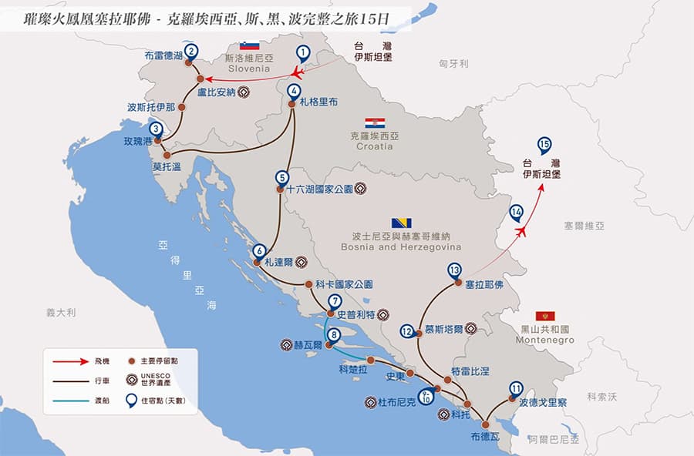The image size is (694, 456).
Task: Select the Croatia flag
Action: (375, 123)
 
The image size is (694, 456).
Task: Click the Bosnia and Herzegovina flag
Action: (401, 223)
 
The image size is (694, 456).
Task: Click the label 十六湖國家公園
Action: (318, 188)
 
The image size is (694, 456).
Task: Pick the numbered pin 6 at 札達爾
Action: (259, 251)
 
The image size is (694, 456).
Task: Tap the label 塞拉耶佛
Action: (483, 284)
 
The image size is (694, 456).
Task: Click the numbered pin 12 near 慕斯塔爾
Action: (407, 332)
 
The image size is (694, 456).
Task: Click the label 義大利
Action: (60, 312)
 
